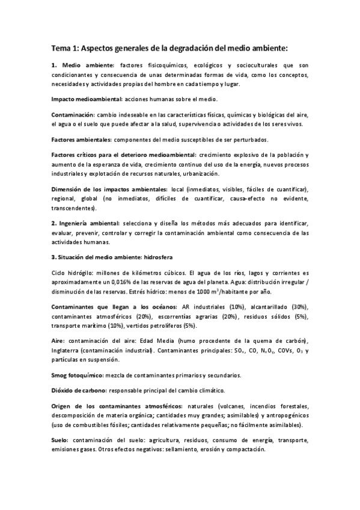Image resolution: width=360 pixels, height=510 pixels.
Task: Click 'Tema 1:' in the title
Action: point(64,48)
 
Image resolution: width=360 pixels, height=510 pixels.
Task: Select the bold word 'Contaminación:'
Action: point(73,114)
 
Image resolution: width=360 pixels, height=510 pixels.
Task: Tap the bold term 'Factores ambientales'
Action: point(82,139)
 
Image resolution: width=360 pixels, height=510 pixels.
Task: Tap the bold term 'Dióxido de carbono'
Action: point(79,390)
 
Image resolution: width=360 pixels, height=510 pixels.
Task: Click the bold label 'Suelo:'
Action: point(61,441)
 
